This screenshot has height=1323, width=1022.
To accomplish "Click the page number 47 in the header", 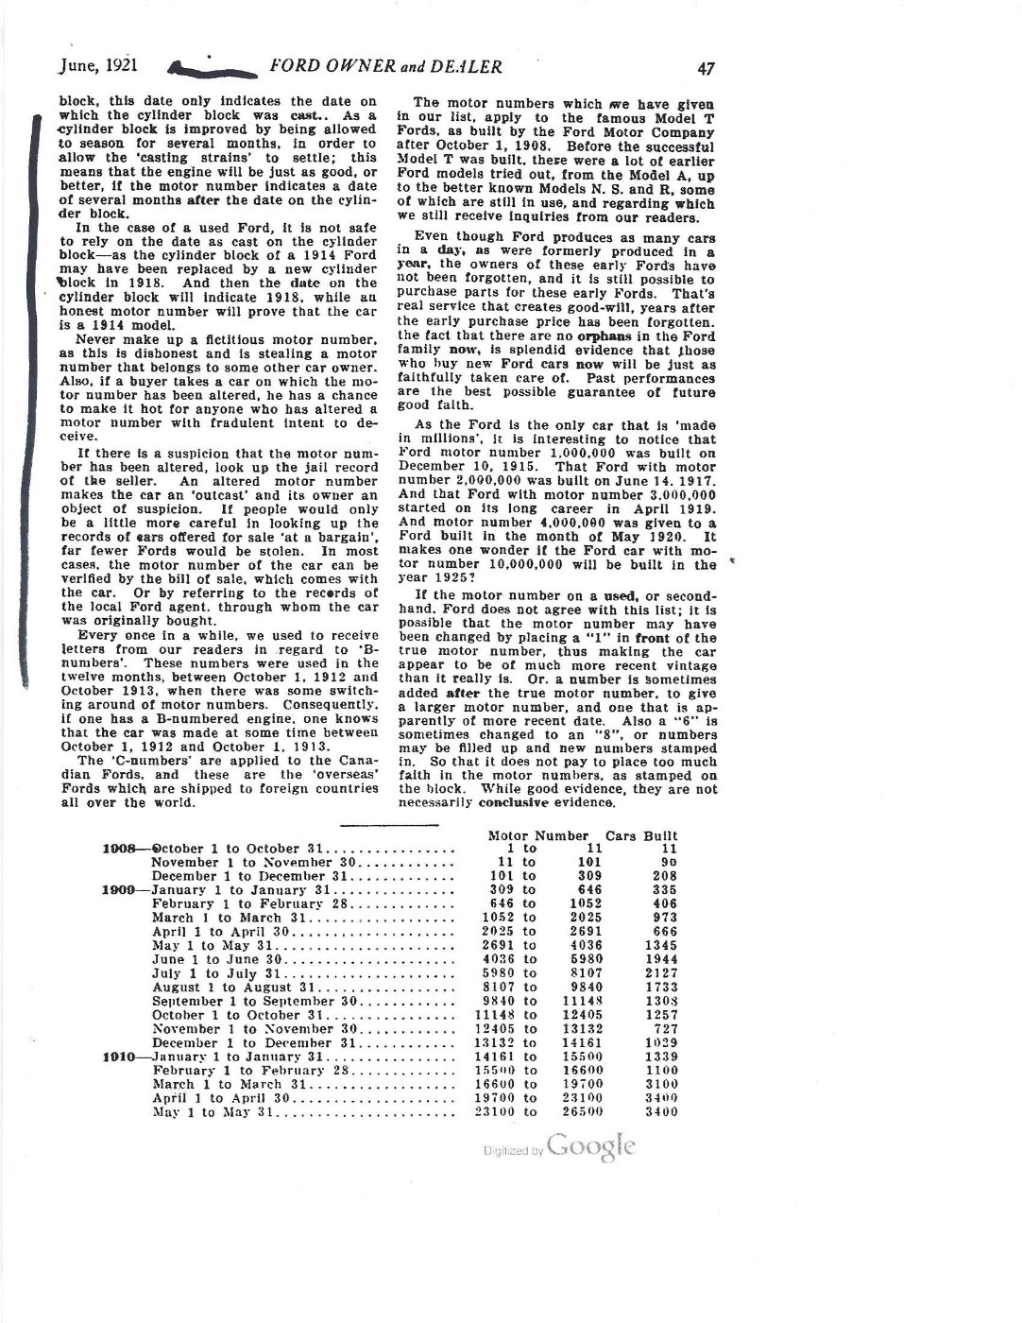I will [x=706, y=67].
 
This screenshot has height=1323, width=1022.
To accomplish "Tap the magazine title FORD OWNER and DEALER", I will [x=385, y=66].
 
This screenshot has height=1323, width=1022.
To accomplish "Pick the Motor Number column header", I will [x=537, y=835].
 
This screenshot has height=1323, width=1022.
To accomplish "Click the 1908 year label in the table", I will [x=121, y=849].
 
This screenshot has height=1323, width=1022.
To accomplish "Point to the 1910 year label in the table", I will [x=121, y=1057].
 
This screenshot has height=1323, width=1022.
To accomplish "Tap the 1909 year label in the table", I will [x=121, y=890].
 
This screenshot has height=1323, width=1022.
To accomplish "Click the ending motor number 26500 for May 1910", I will [x=582, y=1112].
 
